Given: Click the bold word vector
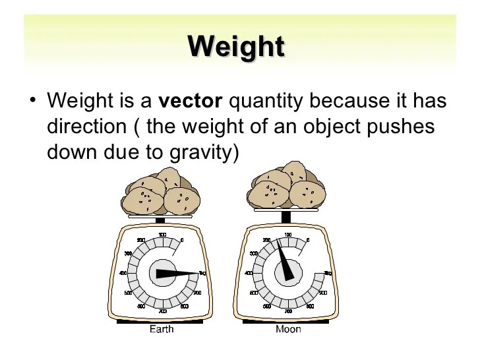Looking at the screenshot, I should [191, 102].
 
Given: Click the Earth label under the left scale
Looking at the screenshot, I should [162, 328].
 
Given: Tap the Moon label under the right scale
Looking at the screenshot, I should [288, 328].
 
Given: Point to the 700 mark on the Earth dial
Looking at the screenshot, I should [162, 311].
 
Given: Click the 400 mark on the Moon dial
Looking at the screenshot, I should [249, 273].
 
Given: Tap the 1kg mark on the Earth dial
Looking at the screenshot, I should [203, 272].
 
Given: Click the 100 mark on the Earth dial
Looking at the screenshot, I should [162, 234].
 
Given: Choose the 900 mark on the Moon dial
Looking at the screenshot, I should [322, 292].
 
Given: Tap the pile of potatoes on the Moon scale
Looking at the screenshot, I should [286, 189].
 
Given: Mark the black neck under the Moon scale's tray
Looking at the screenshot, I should [286, 217].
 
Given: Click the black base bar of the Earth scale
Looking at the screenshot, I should [162, 321].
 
